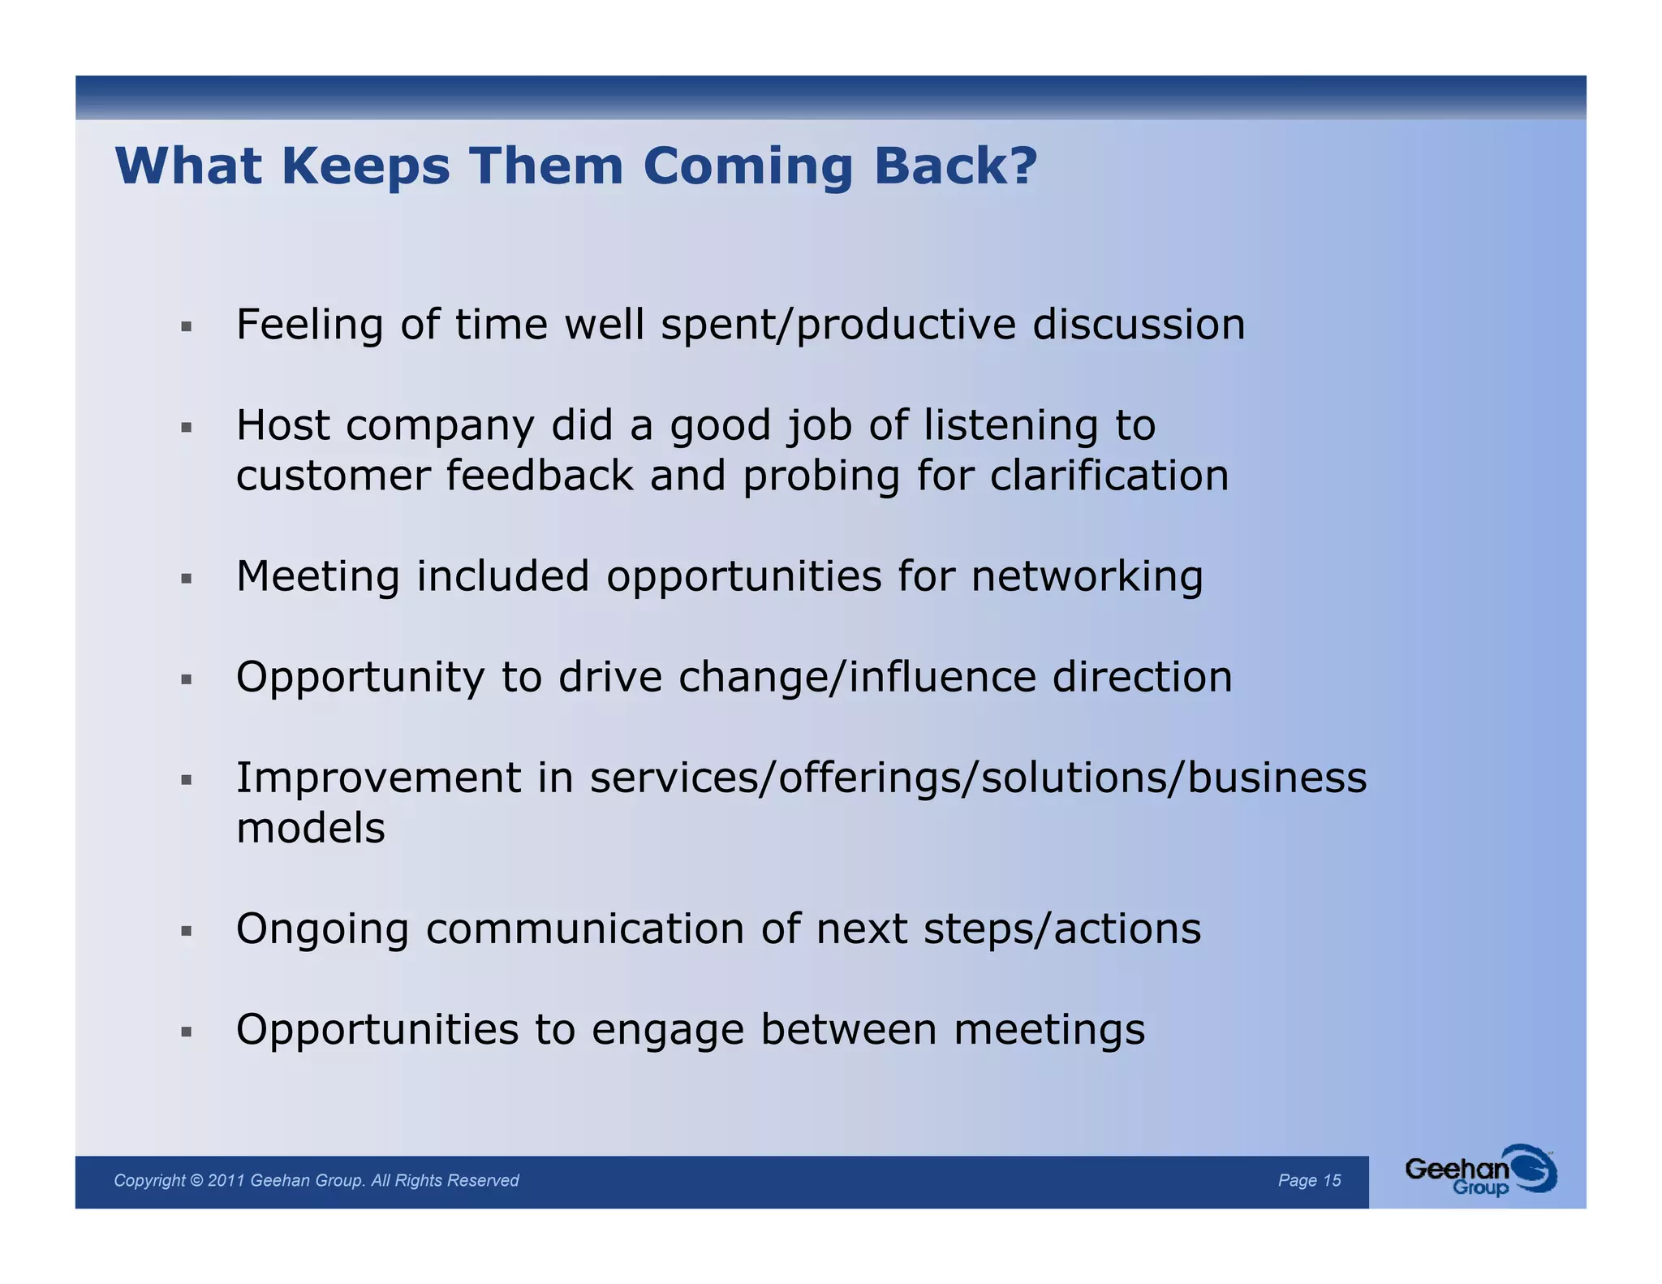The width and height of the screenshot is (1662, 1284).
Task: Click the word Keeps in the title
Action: [365, 166]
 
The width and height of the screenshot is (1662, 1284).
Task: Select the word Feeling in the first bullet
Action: [309, 325]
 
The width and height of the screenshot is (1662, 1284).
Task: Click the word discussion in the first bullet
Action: [1139, 325]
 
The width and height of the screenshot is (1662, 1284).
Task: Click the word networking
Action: [1087, 578]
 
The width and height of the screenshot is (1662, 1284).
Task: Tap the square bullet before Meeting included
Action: [187, 579]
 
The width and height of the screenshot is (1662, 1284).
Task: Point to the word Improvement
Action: [378, 778]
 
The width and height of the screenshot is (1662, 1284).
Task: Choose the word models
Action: [311, 829]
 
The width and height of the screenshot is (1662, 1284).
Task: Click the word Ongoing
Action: [322, 930]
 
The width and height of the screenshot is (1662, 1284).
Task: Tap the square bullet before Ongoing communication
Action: [187, 931]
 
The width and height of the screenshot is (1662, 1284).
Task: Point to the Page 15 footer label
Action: [1309, 1180]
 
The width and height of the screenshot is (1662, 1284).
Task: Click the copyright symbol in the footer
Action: [196, 1180]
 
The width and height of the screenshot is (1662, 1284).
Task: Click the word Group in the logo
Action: [1480, 1188]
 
